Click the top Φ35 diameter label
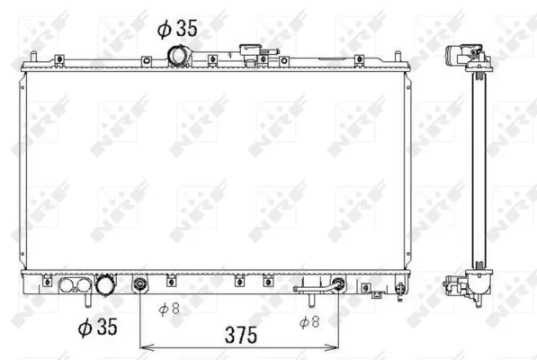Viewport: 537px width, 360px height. pyautogui.click(x=176, y=29)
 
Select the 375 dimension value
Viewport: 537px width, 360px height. pyautogui.click(x=238, y=335)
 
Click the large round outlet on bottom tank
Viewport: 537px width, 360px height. pyautogui.click(x=106, y=287)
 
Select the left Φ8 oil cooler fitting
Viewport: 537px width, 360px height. pyautogui.click(x=139, y=287)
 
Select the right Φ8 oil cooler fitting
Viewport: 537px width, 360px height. pyautogui.click(x=338, y=287)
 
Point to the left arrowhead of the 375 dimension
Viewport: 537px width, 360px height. pyautogui.click(x=143, y=345)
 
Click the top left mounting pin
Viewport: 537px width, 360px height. pyautogui.click(x=32, y=59)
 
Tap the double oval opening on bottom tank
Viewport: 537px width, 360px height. pyautogui.click(x=72, y=287)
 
